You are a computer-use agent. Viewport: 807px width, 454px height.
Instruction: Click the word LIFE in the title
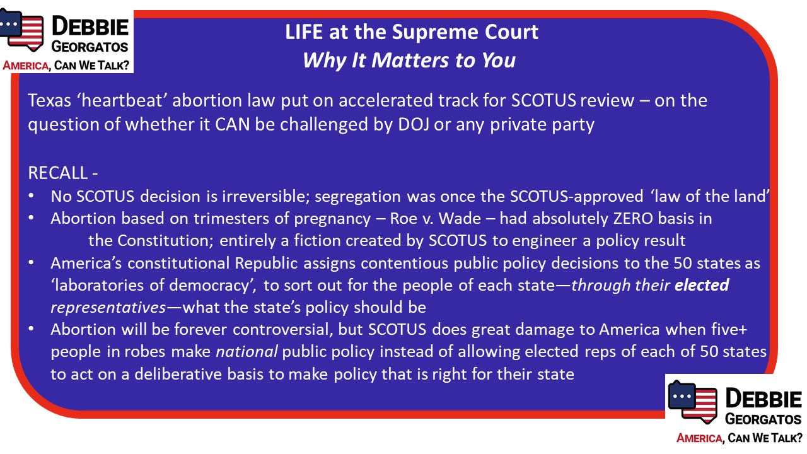tap(304, 32)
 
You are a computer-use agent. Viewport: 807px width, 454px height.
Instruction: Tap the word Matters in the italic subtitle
tap(410, 60)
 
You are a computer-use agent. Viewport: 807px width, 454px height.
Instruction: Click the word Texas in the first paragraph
tap(49, 100)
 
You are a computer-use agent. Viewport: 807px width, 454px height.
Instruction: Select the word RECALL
tap(57, 173)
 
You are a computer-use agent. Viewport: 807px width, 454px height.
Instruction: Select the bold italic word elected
tap(702, 285)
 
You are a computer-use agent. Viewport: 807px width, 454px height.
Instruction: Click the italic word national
tap(247, 351)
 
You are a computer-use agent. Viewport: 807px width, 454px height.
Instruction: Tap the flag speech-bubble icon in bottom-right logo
tap(692, 402)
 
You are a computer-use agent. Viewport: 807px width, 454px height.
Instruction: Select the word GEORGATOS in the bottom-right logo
tap(763, 419)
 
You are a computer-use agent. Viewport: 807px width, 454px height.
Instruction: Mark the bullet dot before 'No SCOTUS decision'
tap(32, 196)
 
